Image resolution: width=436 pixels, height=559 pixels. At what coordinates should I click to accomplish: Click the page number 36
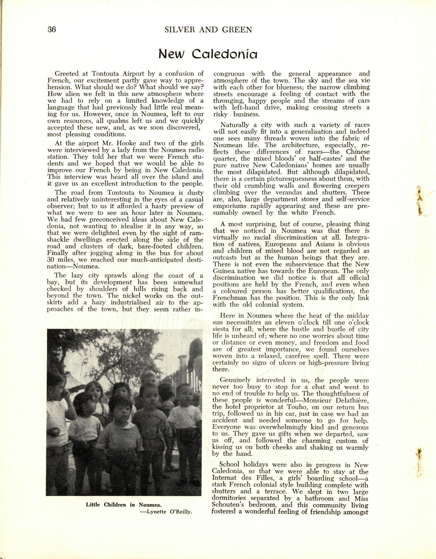(x=51, y=30)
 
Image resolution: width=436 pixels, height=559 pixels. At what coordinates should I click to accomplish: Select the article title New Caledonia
(x=208, y=55)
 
